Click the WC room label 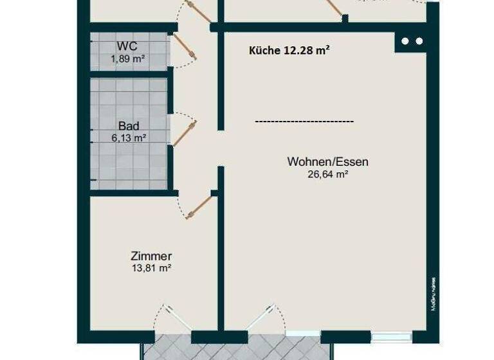pos(127,47)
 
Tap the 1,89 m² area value pos(127,59)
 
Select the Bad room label pos(129,126)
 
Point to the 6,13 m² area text pos(129,137)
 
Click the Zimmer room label pos(151,256)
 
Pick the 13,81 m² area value pos(151,268)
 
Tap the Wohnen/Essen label pos(327,162)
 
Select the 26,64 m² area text pos(327,174)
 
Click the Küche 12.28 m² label pos(289,50)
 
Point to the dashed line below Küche pos(304,121)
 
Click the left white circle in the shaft pos(405,41)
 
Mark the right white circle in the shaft pos(419,41)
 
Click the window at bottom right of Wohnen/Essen pos(392,336)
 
